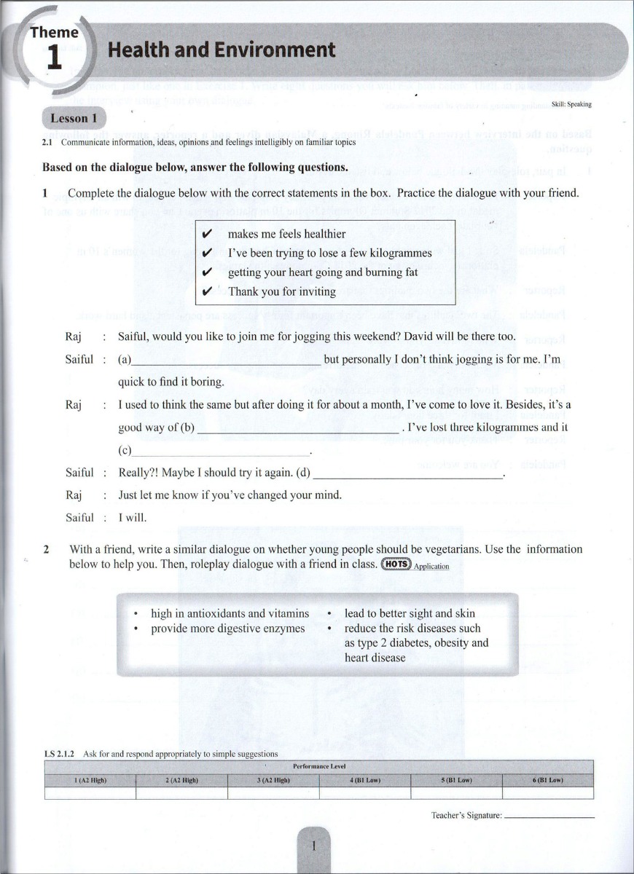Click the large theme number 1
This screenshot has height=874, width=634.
(x=55, y=58)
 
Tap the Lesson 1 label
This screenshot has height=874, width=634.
(x=74, y=118)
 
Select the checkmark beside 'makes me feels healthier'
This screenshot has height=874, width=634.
(x=207, y=235)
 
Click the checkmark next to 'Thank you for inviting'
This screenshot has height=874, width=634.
(x=207, y=292)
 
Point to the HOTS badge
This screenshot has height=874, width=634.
(x=396, y=564)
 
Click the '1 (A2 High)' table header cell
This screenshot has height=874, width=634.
(x=90, y=781)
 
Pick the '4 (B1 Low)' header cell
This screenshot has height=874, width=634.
(x=365, y=781)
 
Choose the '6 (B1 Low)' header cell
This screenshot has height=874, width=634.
(x=548, y=781)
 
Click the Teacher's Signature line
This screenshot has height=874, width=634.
(x=549, y=816)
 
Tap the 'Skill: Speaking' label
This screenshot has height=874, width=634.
(x=571, y=105)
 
